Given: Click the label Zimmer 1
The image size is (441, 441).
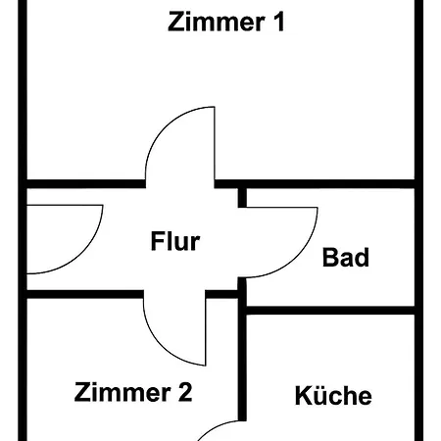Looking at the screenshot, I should point(226,23).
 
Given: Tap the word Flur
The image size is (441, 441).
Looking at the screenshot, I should point(175,240).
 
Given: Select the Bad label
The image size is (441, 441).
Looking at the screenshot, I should point(346,258).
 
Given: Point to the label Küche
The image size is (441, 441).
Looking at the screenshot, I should point(333,396).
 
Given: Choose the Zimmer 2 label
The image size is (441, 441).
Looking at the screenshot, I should point(133,393).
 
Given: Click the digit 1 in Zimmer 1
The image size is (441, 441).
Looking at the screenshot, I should point(279,23).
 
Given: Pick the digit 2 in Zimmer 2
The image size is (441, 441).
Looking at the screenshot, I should point(184,393).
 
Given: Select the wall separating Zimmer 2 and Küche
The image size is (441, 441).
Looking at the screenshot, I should point(242,372).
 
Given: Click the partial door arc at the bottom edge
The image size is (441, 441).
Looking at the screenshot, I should point(220,428).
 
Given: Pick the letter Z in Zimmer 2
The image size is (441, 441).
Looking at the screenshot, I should point(82,393).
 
